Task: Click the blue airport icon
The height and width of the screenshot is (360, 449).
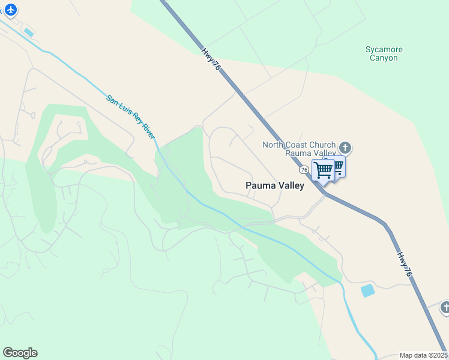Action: pyautogui.click(x=10, y=10)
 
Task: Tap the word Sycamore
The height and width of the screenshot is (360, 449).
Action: pyautogui.click(x=384, y=49)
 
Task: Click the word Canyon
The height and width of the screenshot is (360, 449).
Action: pyautogui.click(x=384, y=58)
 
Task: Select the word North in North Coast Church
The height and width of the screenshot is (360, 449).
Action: pyautogui.click(x=274, y=145)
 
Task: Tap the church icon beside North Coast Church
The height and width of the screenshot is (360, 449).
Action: pyautogui.click(x=345, y=147)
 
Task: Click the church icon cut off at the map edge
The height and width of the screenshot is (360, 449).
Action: pyautogui.click(x=445, y=308)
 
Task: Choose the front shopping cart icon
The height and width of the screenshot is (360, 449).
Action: pyautogui.click(x=323, y=170)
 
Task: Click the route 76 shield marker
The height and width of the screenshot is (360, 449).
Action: pyautogui.click(x=304, y=170)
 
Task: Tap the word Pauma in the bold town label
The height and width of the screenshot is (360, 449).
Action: pyautogui.click(x=260, y=186)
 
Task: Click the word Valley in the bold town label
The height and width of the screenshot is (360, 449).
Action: pyautogui.click(x=290, y=186)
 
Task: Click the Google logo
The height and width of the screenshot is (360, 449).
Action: pyautogui.click(x=20, y=353)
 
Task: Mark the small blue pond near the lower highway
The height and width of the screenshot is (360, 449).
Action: pyautogui.click(x=367, y=291)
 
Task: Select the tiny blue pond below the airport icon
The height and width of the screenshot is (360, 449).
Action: pyautogui.click(x=28, y=32)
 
